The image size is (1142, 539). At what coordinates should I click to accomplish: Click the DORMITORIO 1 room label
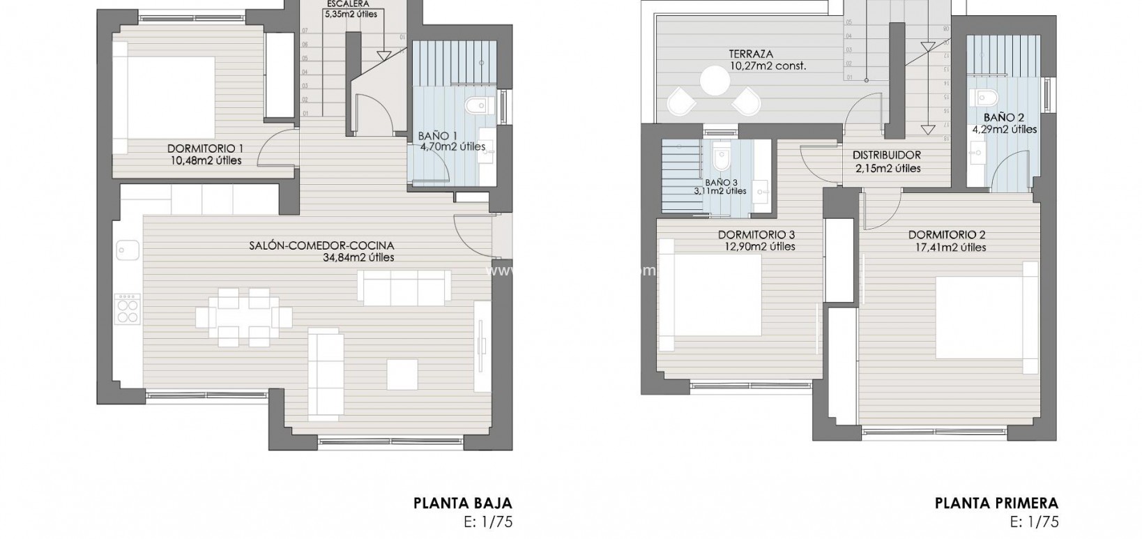(205, 149)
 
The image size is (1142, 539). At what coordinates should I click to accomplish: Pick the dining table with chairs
(244, 318)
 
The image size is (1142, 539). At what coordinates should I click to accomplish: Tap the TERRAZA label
(751, 54)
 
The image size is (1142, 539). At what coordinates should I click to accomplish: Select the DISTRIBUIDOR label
(887, 155)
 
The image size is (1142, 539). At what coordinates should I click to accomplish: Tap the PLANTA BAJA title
(463, 503)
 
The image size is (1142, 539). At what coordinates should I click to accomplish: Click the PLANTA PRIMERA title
(996, 503)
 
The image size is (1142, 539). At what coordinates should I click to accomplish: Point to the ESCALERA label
(347, 3)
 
